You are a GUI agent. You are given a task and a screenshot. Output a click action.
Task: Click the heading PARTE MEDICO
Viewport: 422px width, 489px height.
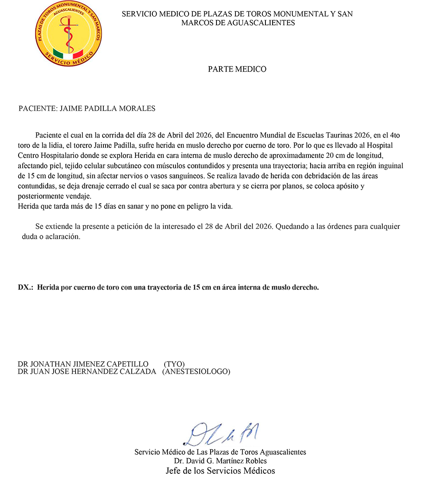click(237, 69)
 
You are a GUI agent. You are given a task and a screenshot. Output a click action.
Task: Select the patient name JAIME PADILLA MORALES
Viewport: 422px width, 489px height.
click(108, 109)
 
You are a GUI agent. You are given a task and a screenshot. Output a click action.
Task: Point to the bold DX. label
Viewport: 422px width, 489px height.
click(25, 288)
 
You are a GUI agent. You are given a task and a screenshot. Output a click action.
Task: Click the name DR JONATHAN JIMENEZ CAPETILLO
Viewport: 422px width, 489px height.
click(83, 364)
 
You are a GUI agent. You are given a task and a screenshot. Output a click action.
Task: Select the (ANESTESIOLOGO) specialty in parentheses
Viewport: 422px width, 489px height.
click(196, 372)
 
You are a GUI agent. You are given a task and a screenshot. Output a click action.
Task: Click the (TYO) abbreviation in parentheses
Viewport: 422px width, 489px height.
click(174, 364)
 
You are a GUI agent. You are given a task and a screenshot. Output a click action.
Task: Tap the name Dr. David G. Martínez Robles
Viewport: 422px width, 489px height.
click(220, 461)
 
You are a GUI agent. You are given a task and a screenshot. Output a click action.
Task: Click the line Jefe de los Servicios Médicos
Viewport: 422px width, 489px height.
click(220, 471)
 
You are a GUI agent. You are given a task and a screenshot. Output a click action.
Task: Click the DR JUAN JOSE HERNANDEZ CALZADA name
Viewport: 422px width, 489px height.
click(87, 372)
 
